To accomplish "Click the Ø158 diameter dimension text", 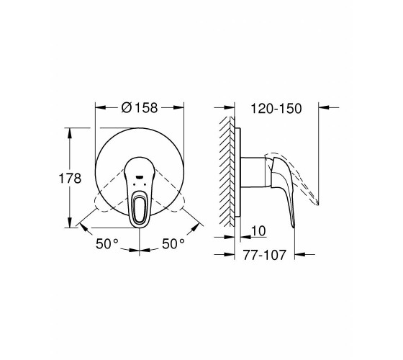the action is click(140, 107).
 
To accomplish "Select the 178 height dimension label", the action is click(70, 179).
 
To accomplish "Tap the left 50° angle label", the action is click(107, 243).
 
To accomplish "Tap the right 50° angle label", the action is click(173, 243).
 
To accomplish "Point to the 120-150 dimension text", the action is click(276, 109).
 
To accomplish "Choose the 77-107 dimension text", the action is click(265, 255).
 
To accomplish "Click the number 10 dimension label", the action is click(258, 231).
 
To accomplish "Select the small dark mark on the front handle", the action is click(140, 177).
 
